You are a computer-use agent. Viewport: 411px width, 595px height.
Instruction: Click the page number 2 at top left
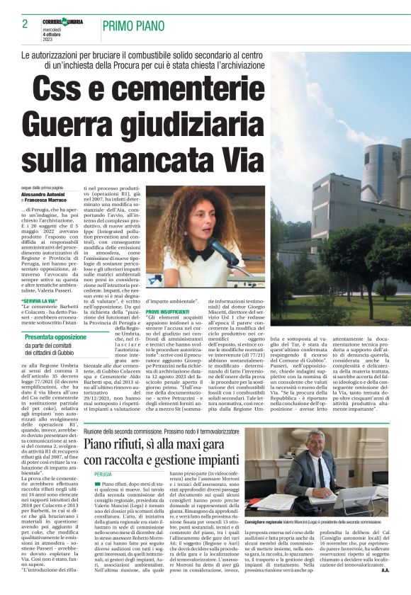pos(25,24)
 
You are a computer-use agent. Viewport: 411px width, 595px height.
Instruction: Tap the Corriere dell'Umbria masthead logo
pos(62,21)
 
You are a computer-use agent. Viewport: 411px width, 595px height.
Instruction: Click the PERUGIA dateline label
pos(103,474)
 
